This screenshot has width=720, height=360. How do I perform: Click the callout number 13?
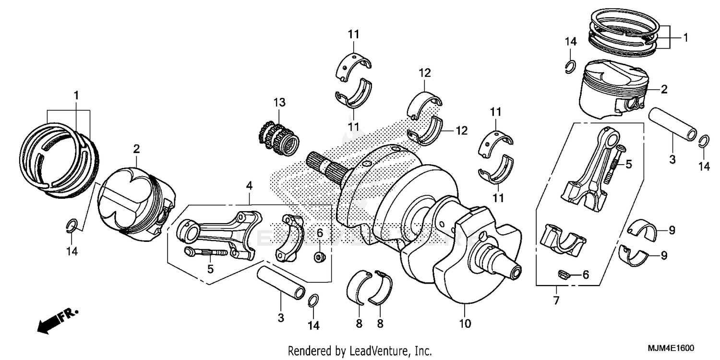[x=279, y=102]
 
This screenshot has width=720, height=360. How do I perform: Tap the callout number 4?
[x=249, y=184]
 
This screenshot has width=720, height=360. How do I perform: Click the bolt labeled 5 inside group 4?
[x=205, y=252]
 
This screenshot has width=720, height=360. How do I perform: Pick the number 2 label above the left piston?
[x=137, y=149]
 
